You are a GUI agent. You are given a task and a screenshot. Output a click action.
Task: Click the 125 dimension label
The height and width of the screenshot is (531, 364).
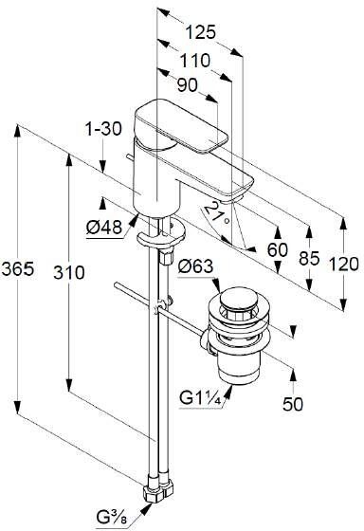click(x=200, y=33)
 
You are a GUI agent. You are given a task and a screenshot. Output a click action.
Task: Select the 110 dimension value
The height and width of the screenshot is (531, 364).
click(x=194, y=61)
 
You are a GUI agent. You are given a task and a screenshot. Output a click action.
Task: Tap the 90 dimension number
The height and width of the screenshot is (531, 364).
click(x=188, y=85)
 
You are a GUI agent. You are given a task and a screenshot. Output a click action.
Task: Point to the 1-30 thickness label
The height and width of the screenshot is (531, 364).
click(x=103, y=129)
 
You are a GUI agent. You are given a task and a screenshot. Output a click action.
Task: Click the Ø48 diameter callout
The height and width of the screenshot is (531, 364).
click(x=104, y=227)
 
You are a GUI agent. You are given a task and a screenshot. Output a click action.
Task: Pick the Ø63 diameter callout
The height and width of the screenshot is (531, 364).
click(x=195, y=266)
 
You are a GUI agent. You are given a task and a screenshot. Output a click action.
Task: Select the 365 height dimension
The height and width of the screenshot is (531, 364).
click(x=18, y=269)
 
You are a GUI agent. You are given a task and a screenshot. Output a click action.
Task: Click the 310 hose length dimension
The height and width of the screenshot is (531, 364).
click(x=69, y=273)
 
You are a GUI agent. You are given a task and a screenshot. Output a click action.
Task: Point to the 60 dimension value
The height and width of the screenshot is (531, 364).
click(x=278, y=250)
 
